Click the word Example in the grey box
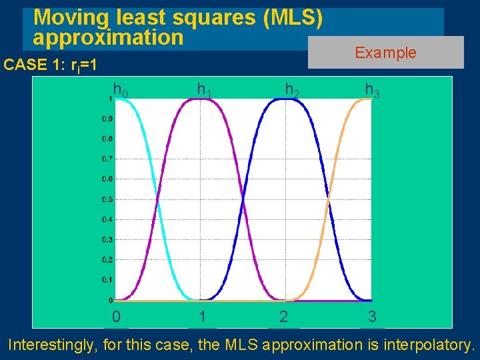click(385, 53)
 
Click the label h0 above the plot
click(121, 89)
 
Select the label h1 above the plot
click(204, 89)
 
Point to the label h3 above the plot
click(372, 89)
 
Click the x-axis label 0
click(116, 317)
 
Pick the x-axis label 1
click(202, 317)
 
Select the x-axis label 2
click(284, 317)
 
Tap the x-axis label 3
click(372, 317)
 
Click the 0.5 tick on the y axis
click(107, 199)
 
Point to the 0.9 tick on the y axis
click(107, 119)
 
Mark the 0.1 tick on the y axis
click(107, 279)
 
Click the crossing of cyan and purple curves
click(157, 199)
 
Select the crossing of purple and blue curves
click(243, 199)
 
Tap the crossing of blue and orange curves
click(328, 199)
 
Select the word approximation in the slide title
click(108, 37)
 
